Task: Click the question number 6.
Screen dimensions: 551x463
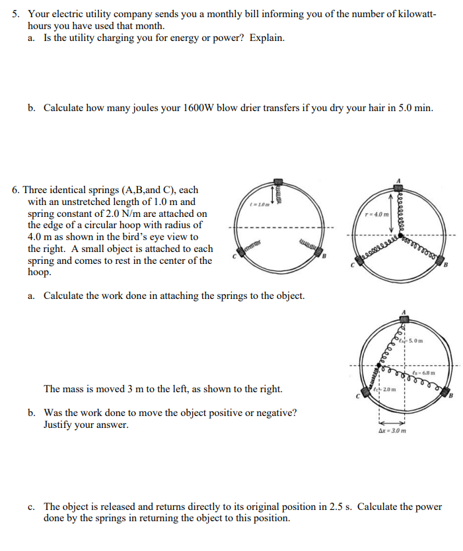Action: [x=17, y=190]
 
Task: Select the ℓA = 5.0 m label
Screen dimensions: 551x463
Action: [x=411, y=341]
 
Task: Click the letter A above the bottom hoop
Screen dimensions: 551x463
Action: [x=404, y=310]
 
